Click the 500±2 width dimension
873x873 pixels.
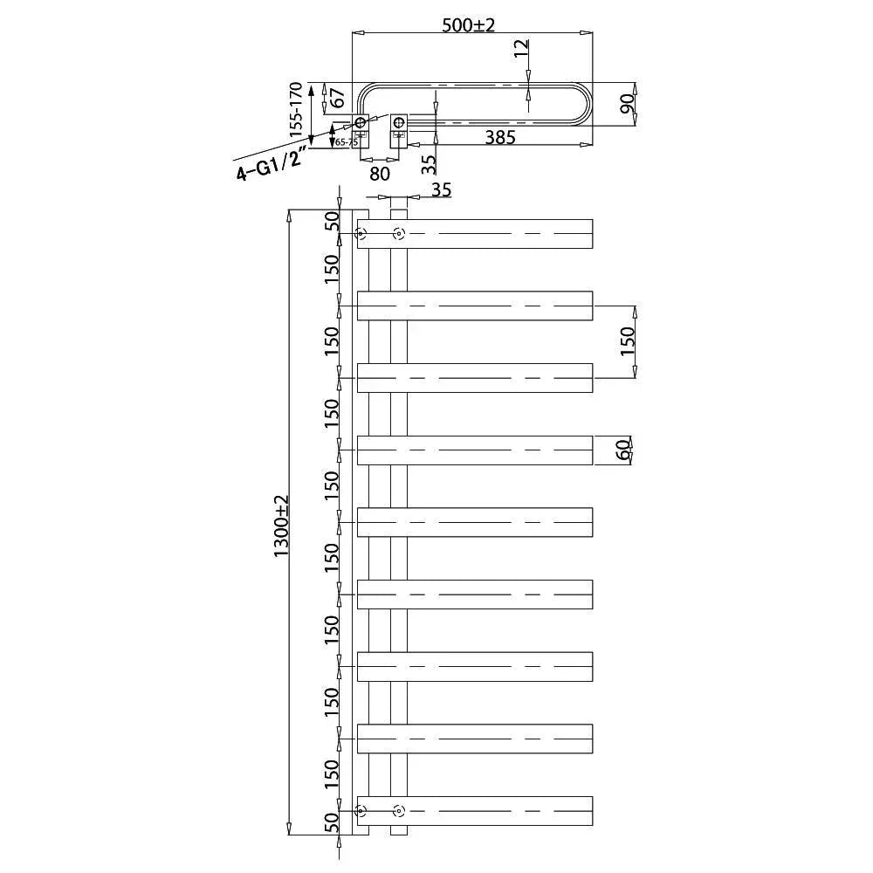[468, 25]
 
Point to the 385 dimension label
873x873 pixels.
[500, 137]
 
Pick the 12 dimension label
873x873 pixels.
[521, 48]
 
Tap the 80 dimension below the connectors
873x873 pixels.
[379, 173]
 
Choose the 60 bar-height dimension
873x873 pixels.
[622, 450]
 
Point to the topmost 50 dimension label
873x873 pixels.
[332, 221]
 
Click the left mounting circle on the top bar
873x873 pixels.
[361, 233]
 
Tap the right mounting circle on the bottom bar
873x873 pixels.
[399, 811]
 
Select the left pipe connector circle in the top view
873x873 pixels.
[361, 123]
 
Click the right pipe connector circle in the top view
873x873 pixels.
[399, 122]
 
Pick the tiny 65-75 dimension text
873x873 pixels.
[347, 141]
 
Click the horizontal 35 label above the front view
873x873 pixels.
[442, 190]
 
